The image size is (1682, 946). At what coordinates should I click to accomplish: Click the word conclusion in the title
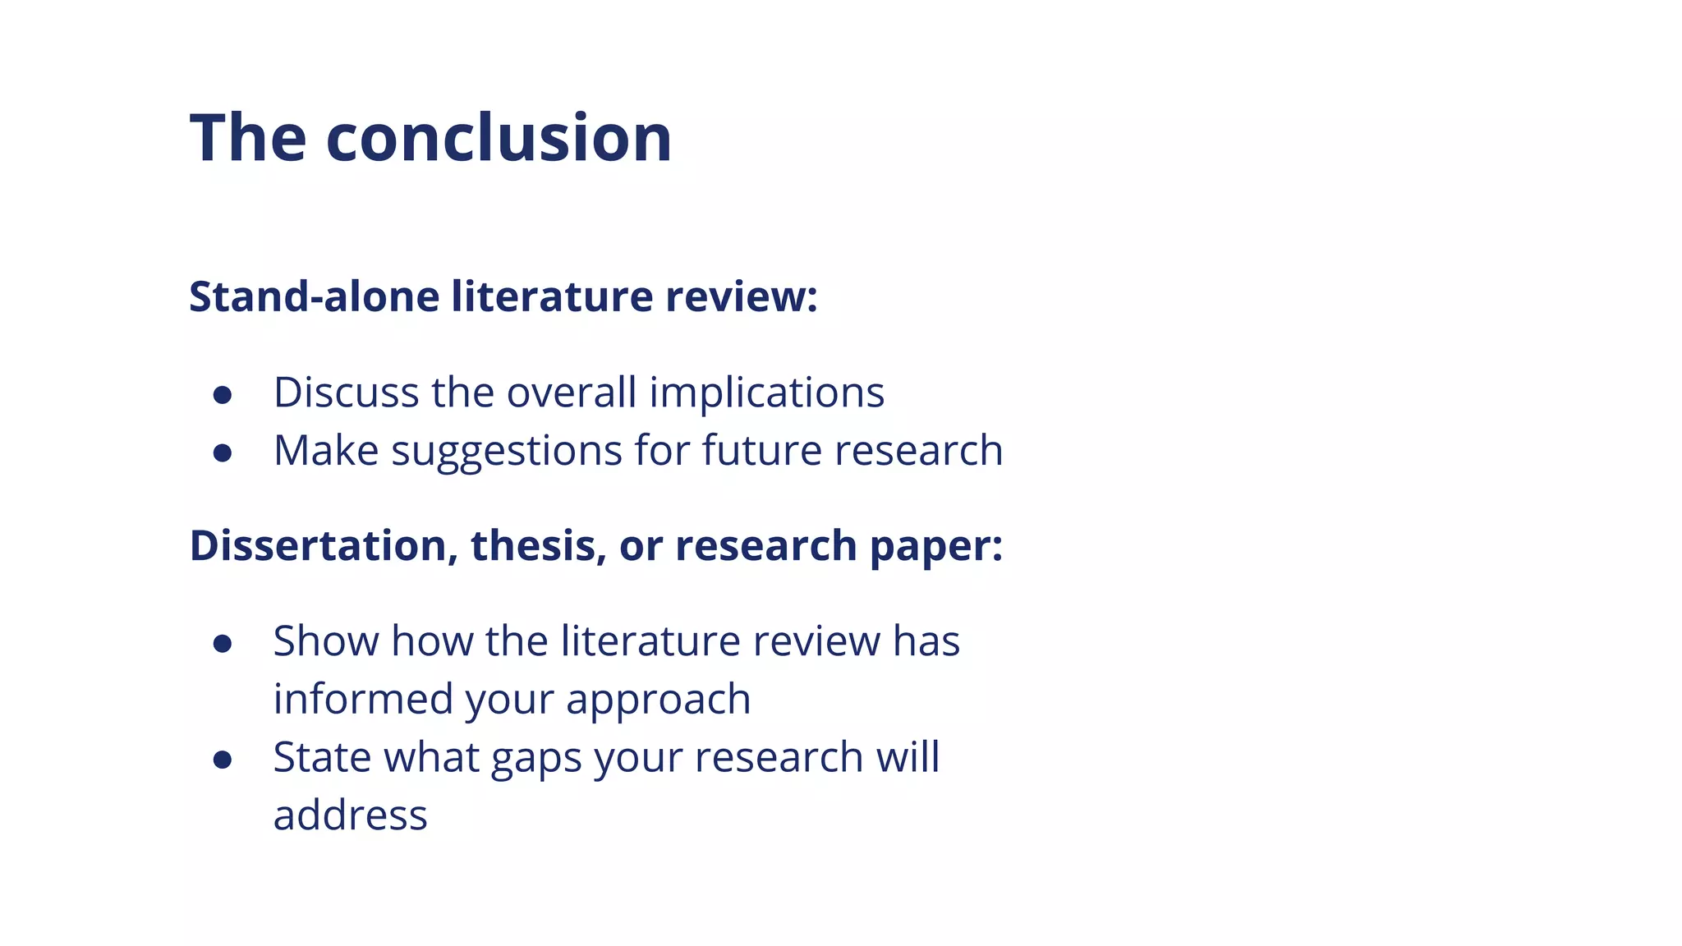click(x=499, y=137)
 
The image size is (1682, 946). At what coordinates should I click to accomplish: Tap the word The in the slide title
click(x=248, y=137)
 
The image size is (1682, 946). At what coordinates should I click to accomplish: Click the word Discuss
click(x=346, y=392)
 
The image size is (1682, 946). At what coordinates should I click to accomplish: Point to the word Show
click(x=325, y=641)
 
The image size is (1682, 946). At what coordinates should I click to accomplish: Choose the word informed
click(x=363, y=699)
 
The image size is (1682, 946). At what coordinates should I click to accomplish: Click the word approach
click(x=658, y=700)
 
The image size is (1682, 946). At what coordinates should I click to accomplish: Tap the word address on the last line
click(x=350, y=815)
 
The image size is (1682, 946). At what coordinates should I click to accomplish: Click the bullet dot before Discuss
click(x=222, y=395)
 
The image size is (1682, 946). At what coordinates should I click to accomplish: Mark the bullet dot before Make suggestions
click(x=222, y=453)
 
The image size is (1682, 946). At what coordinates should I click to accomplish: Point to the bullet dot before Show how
click(x=222, y=644)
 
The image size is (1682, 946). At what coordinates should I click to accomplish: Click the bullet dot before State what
click(x=222, y=760)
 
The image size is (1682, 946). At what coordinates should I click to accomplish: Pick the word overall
click(x=572, y=392)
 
